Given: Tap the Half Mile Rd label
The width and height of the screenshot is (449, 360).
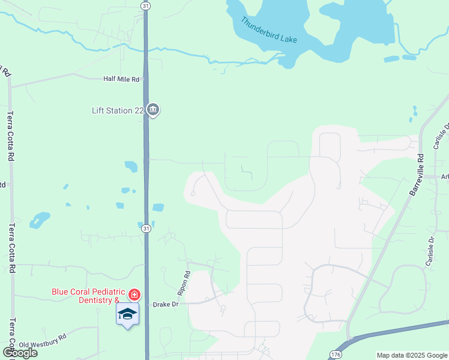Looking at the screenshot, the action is tap(121, 79).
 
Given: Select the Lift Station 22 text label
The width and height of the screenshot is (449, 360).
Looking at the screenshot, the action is tap(118, 110).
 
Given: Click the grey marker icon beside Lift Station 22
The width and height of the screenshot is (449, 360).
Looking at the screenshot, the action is tap(152, 110).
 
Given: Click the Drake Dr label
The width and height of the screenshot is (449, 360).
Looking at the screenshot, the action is tap(166, 305).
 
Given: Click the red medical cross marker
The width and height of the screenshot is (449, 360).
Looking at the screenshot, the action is tap(134, 295).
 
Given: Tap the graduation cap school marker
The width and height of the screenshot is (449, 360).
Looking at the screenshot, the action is tap(127, 314).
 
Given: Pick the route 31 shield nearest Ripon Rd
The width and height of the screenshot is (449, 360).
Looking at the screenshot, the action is tap(146, 228).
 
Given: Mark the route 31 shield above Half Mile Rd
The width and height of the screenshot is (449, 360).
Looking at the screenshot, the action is tap(146, 5).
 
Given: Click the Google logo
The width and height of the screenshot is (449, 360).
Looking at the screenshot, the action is tap(20, 353).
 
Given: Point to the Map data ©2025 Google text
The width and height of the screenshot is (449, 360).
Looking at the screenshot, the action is tap(411, 355).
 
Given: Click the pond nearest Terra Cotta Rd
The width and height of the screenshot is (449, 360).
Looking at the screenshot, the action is tap(40, 220).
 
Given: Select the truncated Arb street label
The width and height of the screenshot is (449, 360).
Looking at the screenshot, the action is tap(445, 176).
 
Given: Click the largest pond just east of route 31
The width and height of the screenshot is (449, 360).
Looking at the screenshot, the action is tap(158, 208).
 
